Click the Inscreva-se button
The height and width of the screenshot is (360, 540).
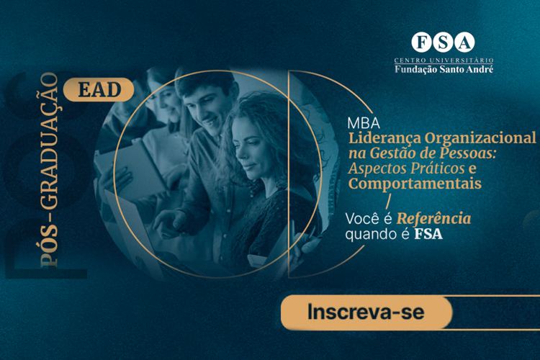click(366, 312)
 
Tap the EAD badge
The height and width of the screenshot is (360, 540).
click(99, 89)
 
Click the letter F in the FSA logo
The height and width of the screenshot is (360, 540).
click(421, 42)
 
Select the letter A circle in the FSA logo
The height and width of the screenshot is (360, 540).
click(464, 42)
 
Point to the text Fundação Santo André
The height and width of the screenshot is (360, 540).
click(444, 69)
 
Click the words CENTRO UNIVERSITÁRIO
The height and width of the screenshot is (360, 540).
click(444, 60)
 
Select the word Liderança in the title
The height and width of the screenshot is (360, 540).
click(384, 138)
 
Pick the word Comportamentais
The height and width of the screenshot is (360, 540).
click(415, 184)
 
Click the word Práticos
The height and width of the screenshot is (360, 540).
click(437, 168)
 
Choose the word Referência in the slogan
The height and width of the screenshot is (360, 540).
click(434, 219)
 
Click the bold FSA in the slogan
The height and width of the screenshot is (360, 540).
click(428, 234)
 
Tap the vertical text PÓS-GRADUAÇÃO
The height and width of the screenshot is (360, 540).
click(48, 170)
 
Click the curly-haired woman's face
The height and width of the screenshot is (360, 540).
click(251, 148)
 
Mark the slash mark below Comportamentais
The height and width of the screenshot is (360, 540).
click(389, 202)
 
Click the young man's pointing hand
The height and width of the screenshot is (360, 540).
click(169, 222)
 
